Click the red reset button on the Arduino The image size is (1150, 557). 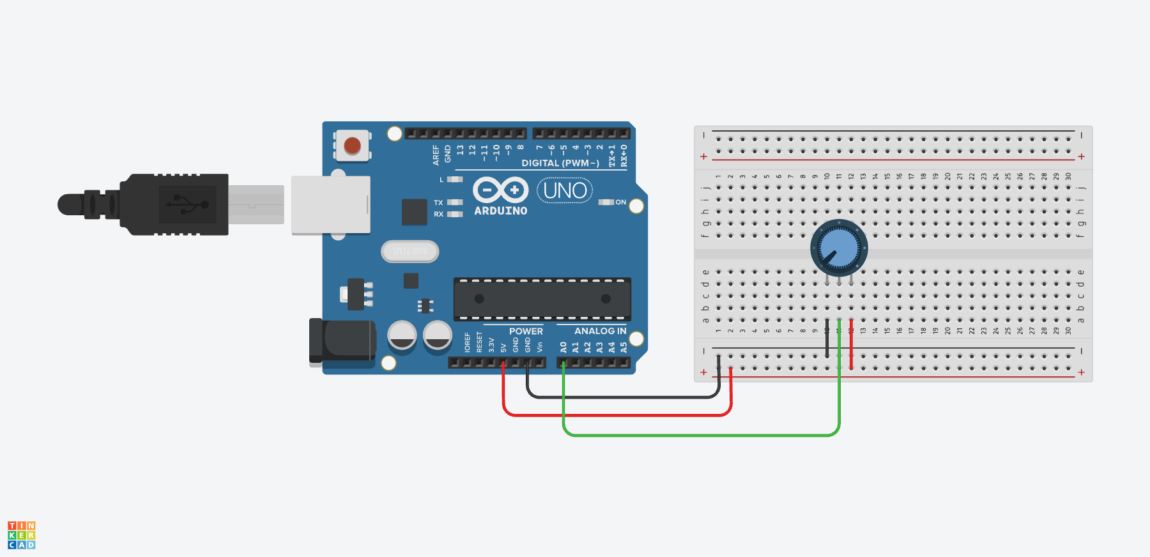(x=352, y=146)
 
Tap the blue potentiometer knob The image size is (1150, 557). (x=839, y=248)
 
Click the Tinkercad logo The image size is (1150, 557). (x=22, y=535)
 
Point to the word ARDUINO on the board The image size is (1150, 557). (x=501, y=211)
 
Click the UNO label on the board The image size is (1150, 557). (x=565, y=190)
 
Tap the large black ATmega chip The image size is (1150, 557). (x=542, y=299)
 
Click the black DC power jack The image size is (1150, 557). (x=342, y=341)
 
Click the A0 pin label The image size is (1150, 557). (x=563, y=347)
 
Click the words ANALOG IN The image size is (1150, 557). (x=600, y=331)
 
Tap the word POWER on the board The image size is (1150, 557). (x=526, y=331)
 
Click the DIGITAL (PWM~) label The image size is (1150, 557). (x=560, y=163)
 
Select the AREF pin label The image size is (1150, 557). (x=436, y=155)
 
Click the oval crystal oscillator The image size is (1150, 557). (x=410, y=252)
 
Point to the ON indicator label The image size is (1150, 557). (x=620, y=202)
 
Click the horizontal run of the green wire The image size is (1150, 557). (x=703, y=436)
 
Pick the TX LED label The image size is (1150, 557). (x=438, y=202)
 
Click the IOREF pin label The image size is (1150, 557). (x=468, y=342)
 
